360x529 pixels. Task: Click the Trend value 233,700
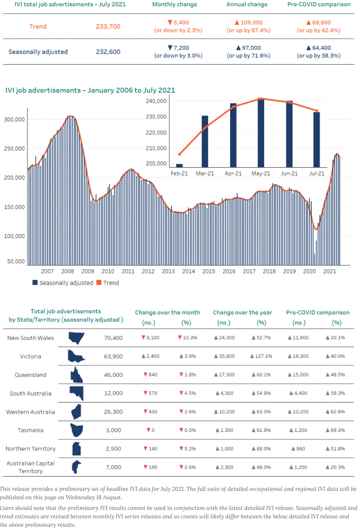point(108,26)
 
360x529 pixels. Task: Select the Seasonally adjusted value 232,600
point(108,51)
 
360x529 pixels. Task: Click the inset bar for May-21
point(261,133)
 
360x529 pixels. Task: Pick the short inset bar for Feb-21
point(179,165)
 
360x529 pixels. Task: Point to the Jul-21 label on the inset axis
point(316,173)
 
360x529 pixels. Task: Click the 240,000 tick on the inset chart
point(156,101)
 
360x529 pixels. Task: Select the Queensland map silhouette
point(77,375)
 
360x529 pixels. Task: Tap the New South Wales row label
point(31,338)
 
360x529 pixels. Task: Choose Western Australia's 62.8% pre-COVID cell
point(335,412)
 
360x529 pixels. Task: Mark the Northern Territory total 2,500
point(113,449)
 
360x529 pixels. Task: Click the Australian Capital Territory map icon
point(77,467)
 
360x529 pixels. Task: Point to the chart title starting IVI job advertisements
point(90,90)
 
